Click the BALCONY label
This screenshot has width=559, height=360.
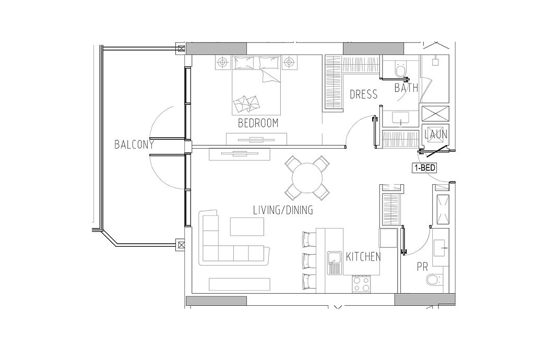click(x=134, y=145)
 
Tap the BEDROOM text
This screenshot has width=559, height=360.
click(x=258, y=123)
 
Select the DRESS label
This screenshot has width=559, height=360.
click(x=363, y=94)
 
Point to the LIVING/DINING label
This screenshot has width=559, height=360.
click(x=283, y=210)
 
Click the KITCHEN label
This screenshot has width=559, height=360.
click(x=363, y=257)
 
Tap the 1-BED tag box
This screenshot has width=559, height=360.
click(x=424, y=167)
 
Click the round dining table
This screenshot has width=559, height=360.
click(x=307, y=178)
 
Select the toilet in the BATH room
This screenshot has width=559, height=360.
click(x=401, y=69)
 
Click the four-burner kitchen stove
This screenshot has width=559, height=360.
click(x=361, y=284)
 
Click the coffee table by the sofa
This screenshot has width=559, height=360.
click(x=247, y=226)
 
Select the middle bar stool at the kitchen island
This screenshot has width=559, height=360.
click(x=309, y=260)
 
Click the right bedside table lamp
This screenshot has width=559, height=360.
click(x=290, y=63)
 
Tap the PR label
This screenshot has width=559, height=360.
click(x=422, y=267)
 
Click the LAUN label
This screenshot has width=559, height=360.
click(x=436, y=135)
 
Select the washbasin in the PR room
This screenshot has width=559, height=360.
click(x=442, y=247)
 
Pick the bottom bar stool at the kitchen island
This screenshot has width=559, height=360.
click(x=309, y=281)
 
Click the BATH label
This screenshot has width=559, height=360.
click(x=407, y=88)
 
